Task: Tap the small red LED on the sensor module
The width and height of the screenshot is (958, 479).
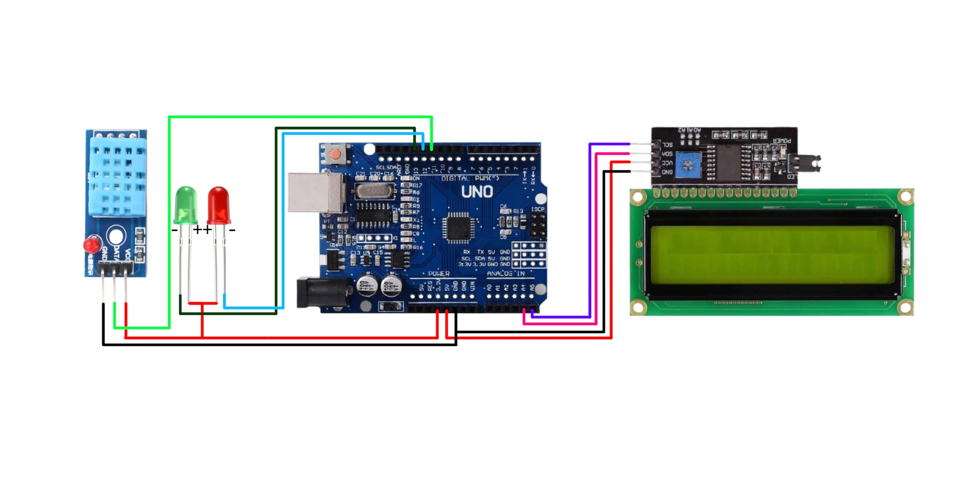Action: tap(91, 245)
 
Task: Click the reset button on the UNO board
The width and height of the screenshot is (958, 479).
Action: tap(335, 155)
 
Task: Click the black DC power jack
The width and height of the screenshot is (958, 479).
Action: tap(319, 291)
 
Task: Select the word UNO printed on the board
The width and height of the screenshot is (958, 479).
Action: tap(477, 192)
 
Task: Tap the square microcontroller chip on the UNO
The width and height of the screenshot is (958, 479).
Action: tap(459, 228)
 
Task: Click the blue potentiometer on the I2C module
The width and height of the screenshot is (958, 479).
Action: tap(688, 165)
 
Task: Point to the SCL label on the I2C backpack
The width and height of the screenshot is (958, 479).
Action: tap(667, 145)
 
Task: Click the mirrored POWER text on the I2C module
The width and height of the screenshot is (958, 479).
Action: tap(781, 141)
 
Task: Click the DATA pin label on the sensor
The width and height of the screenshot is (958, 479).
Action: tap(115, 253)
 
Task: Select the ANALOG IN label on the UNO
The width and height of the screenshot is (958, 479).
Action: tap(506, 274)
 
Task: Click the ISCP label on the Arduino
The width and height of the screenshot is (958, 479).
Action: tap(538, 209)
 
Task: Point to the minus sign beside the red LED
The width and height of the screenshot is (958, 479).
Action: tap(232, 230)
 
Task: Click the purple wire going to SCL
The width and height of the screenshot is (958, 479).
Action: tap(590, 231)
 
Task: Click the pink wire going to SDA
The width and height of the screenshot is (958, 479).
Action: tap(597, 239)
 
